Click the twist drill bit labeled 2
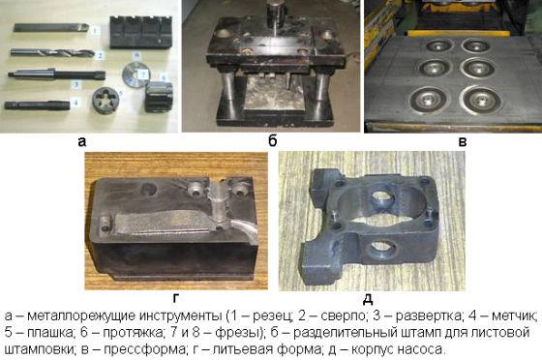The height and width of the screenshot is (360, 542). click(52, 53)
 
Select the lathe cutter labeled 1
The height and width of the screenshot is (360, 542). click(51, 27)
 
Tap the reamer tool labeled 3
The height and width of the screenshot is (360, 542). click(56, 74)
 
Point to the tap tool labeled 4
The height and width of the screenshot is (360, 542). click(37, 105)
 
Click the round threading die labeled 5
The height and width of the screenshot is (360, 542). click(105, 101)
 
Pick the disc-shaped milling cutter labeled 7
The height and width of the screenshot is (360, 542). click(135, 75)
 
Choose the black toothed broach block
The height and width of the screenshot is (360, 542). click(141, 32)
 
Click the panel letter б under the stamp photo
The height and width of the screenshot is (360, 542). click(273, 140)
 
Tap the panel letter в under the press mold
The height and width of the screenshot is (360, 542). click(463, 141)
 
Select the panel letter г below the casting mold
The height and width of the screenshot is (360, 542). click(175, 298)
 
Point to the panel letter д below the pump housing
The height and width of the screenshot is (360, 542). click(368, 298)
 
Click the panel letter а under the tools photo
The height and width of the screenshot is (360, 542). click(82, 141)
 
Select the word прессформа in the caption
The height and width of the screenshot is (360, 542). click(144, 349)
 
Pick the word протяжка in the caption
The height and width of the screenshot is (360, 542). click(133, 332)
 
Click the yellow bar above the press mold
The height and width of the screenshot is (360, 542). click(459, 33)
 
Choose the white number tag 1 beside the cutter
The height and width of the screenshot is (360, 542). click(95, 30)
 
